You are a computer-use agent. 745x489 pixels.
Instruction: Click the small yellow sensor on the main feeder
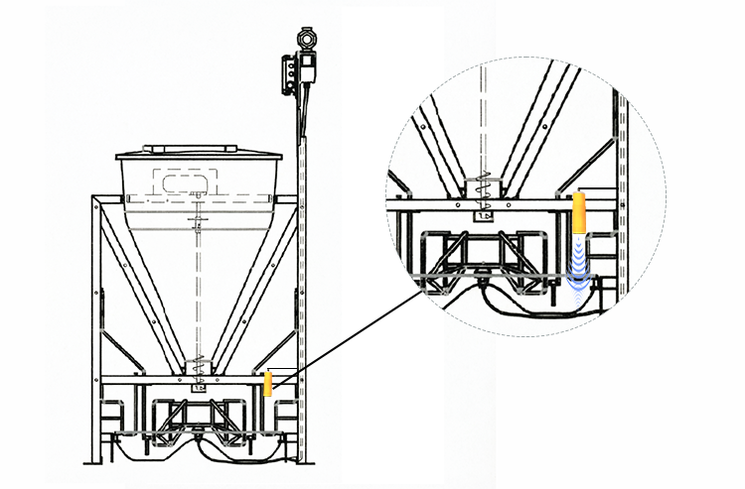pyautogui.click(x=267, y=383)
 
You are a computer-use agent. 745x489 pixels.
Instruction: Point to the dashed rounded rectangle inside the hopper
pyautogui.click(x=186, y=183)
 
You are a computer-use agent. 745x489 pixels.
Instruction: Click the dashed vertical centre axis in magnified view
pyautogui.click(x=481, y=119)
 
